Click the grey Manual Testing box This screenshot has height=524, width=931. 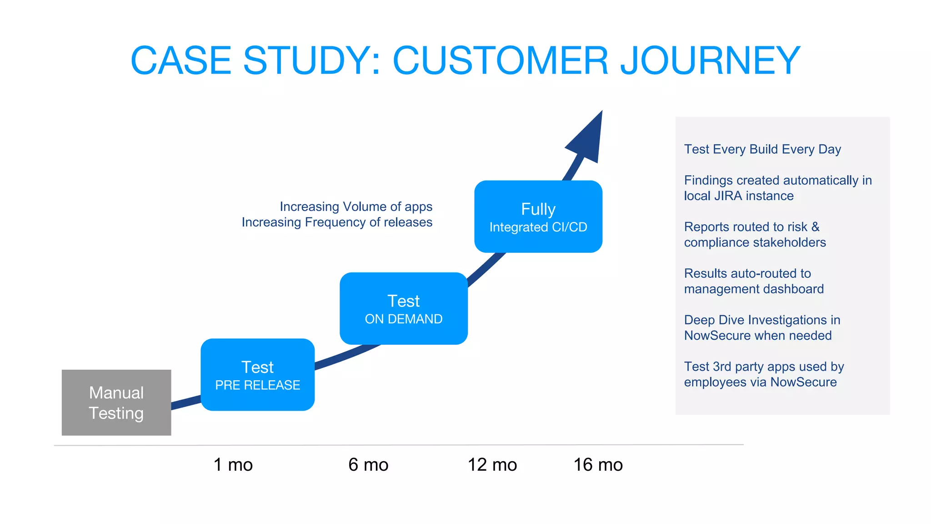click(x=116, y=403)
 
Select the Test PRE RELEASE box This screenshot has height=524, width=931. click(x=257, y=375)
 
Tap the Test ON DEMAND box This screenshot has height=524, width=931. click(x=403, y=308)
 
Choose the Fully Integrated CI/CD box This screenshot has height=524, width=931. click(x=538, y=217)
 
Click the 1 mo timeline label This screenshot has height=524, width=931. click(x=233, y=465)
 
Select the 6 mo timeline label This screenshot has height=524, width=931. click(x=368, y=465)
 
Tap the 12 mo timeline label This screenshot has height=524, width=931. click(x=492, y=465)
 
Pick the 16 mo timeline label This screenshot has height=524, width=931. click(x=598, y=465)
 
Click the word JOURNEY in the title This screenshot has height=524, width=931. click(x=710, y=60)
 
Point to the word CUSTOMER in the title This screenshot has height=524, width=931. click(x=500, y=60)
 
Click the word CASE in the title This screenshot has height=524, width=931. click(x=181, y=60)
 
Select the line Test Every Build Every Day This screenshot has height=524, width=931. click(x=762, y=149)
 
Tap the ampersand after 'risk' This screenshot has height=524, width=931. click(x=816, y=227)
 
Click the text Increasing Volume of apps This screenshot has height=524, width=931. click(x=356, y=207)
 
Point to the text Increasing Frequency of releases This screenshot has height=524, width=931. click(x=337, y=222)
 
